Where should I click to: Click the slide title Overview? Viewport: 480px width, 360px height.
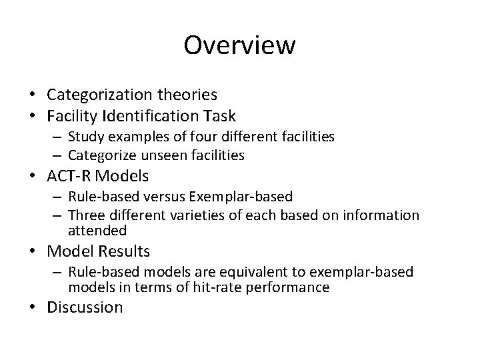click(x=239, y=45)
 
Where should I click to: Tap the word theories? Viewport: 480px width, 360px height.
click(x=203, y=95)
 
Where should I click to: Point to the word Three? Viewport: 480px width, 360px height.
click(x=84, y=215)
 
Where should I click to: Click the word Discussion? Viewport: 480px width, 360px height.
click(x=85, y=307)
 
